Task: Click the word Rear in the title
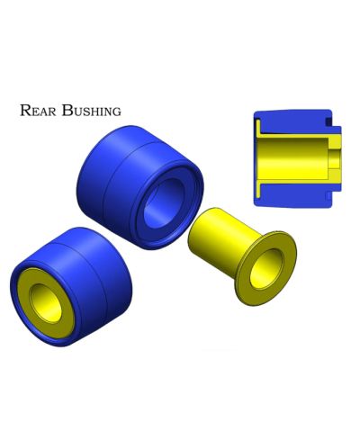pos(38,111)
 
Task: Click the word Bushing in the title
pos(92,111)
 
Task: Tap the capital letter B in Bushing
pos(67,111)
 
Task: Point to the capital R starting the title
pos(26,111)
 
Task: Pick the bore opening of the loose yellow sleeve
pos(266,268)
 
